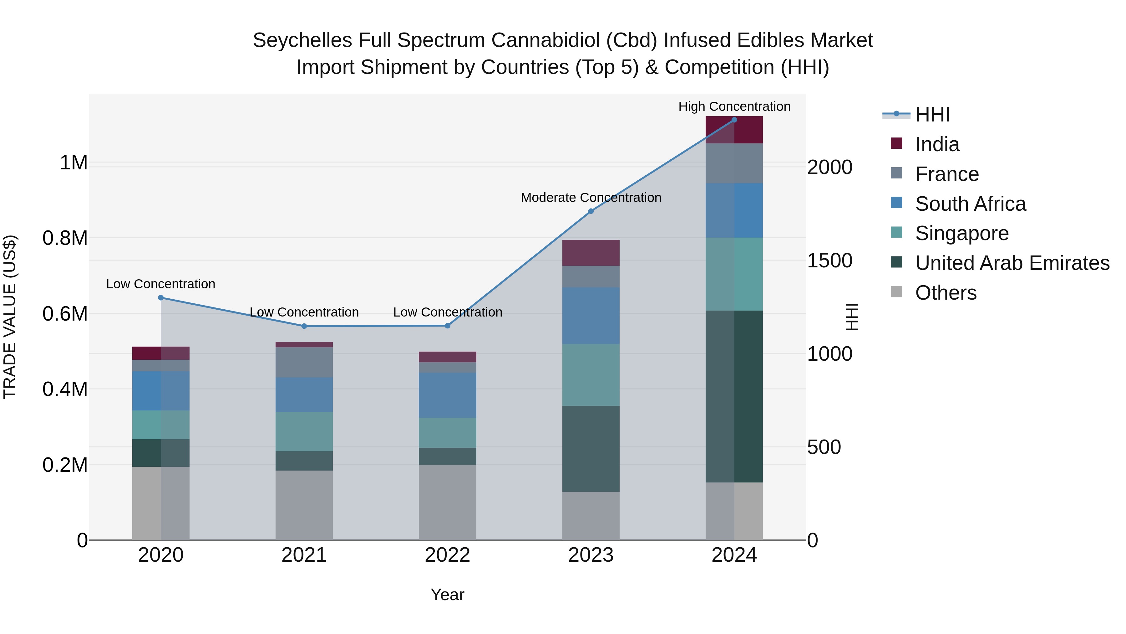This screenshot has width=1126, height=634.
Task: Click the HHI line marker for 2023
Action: (x=591, y=211)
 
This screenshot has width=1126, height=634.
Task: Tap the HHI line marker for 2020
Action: (x=161, y=298)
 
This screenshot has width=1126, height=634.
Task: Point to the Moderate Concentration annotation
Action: (x=591, y=198)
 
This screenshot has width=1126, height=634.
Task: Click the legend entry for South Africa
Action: (x=970, y=204)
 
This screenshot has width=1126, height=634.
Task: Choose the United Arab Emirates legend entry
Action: (x=1012, y=263)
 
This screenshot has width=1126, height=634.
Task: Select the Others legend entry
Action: (x=946, y=293)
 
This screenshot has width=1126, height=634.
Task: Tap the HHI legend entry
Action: (x=932, y=115)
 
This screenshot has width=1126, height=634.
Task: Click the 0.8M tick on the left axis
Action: (x=65, y=239)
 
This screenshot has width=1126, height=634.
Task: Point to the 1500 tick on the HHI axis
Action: (x=829, y=261)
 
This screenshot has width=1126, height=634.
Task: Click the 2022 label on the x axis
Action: (x=447, y=555)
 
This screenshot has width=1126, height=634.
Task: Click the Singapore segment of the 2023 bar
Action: (x=591, y=375)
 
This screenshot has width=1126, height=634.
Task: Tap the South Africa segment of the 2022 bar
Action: (x=447, y=395)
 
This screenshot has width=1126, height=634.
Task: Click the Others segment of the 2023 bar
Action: (x=591, y=516)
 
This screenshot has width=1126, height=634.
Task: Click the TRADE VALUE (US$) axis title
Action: (x=10, y=317)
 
